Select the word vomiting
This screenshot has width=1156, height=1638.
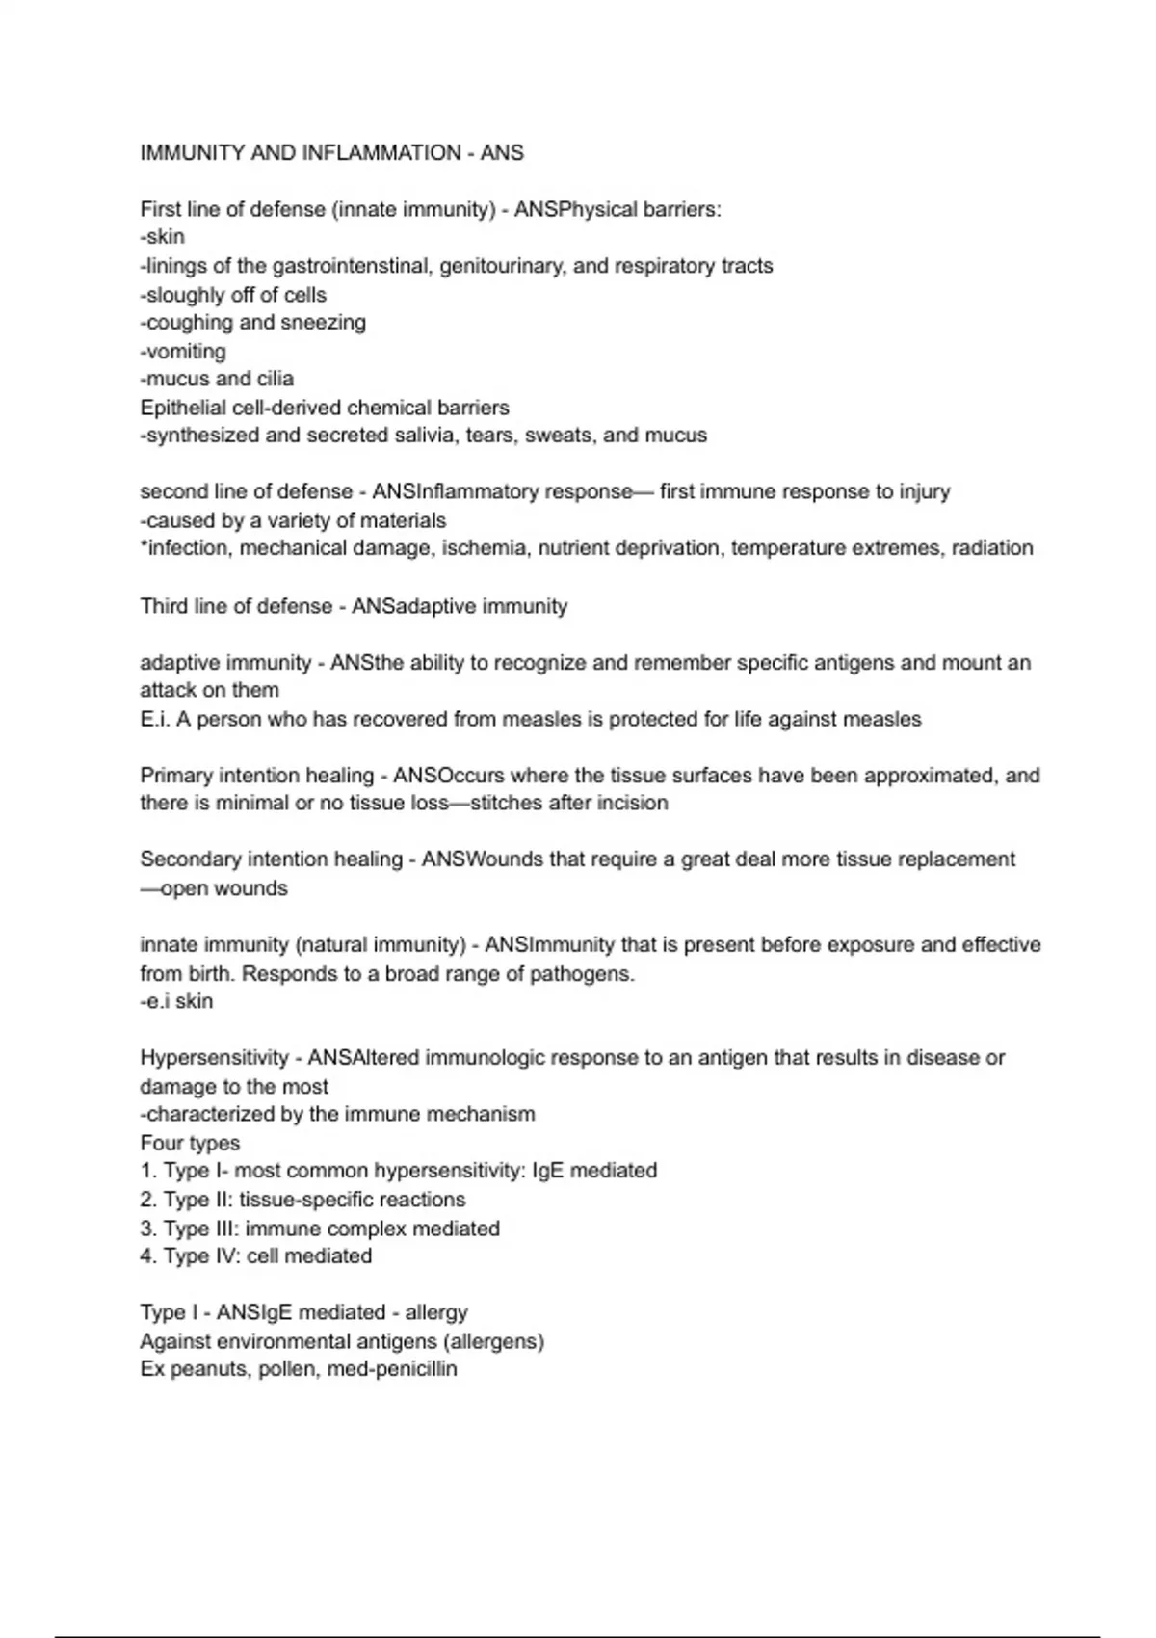click(186, 351)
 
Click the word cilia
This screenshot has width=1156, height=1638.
click(275, 379)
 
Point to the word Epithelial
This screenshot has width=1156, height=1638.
click(184, 408)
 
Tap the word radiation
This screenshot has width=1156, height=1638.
click(992, 548)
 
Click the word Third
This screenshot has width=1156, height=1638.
click(165, 606)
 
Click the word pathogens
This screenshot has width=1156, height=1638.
click(585, 973)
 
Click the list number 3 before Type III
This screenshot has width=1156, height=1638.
click(146, 1228)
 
